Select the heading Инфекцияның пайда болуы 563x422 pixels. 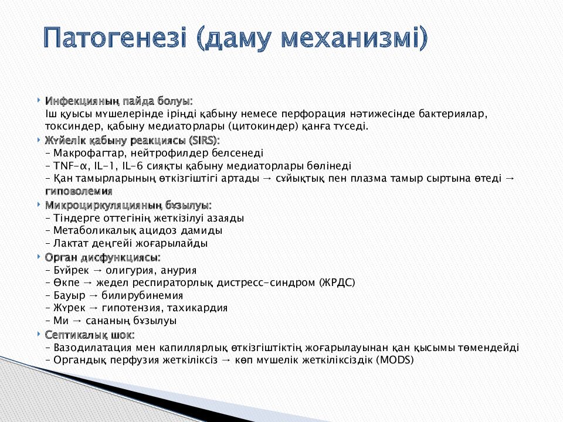pos(118,101)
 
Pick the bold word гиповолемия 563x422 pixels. pos(78,192)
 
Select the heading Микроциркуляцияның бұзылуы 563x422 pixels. pos(128,205)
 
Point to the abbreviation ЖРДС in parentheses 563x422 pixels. pos(337,283)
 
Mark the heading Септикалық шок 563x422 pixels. pos(89,335)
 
